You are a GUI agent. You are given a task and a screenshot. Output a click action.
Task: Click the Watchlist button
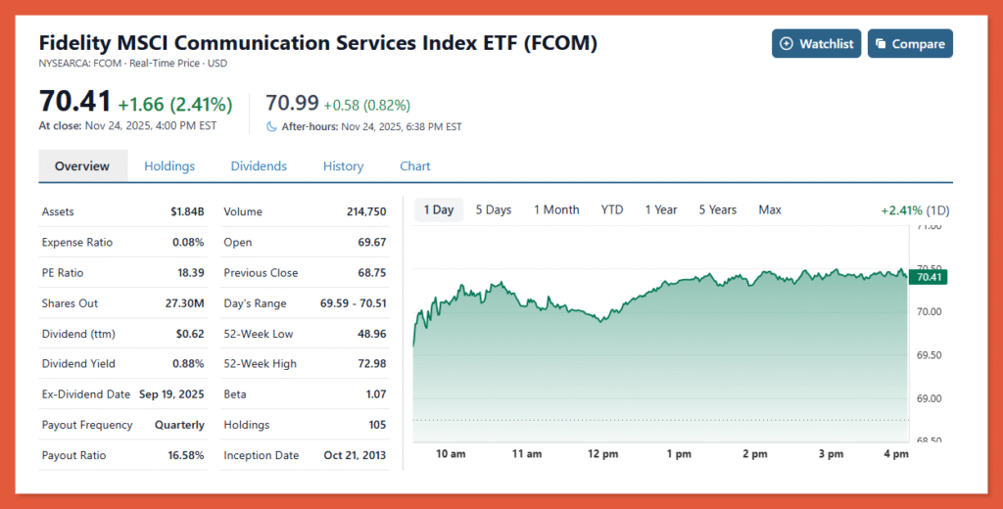(816, 44)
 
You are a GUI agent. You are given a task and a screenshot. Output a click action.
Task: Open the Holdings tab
(169, 166)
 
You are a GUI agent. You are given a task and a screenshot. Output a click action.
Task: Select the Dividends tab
(259, 166)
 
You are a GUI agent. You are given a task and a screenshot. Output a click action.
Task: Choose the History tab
(343, 166)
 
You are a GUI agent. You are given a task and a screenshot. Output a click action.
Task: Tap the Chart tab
(415, 166)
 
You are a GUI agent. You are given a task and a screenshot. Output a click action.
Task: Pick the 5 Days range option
(494, 209)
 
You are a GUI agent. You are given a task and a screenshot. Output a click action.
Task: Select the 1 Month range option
(556, 209)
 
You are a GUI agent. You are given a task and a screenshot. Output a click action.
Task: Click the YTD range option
(612, 209)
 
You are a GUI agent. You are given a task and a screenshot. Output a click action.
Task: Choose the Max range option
(770, 209)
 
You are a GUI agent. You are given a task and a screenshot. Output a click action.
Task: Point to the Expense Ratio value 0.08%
(187, 243)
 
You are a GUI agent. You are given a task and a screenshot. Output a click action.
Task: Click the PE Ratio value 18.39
(189, 273)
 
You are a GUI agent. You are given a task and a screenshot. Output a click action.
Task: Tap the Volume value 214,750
(366, 211)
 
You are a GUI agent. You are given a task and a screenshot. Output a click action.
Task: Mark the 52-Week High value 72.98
(371, 364)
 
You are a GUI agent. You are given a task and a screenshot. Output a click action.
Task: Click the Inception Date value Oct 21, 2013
(355, 456)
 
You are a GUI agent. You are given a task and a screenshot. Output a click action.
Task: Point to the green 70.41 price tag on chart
(927, 277)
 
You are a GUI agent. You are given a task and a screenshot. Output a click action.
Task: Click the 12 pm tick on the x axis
(602, 454)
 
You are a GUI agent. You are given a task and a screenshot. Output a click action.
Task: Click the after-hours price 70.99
(292, 104)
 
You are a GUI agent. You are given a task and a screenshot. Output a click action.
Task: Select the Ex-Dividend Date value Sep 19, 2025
(171, 394)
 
